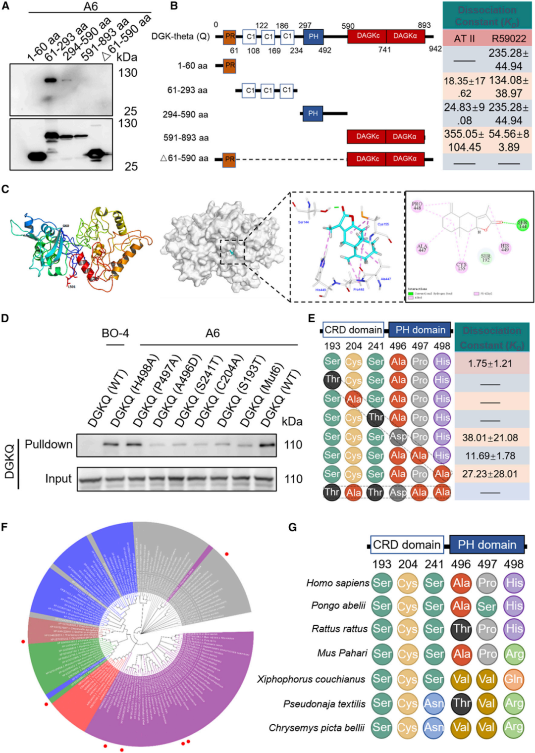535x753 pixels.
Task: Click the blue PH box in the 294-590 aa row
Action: tap(313, 113)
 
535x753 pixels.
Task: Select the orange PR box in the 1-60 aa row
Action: tap(229, 65)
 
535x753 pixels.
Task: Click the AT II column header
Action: tap(464, 39)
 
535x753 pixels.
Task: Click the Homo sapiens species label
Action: tap(338, 583)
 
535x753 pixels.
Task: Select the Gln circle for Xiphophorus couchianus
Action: tap(514, 679)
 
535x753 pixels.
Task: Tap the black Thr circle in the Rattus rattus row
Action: tap(461, 629)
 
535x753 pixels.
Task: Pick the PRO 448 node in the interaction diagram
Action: tap(417, 206)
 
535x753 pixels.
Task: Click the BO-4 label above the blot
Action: tap(115, 333)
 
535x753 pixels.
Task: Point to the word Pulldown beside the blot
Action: tap(49, 444)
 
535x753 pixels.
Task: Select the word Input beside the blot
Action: tap(58, 479)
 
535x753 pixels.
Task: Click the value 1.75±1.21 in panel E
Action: tap(490, 363)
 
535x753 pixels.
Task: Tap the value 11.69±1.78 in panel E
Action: tap(490, 455)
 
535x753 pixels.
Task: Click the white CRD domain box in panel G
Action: tap(406, 545)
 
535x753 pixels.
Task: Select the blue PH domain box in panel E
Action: tap(420, 330)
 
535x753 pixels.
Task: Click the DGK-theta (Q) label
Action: tap(180, 37)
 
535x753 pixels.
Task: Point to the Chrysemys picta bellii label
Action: tap(317, 728)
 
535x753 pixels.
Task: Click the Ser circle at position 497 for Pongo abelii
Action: tap(487, 606)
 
